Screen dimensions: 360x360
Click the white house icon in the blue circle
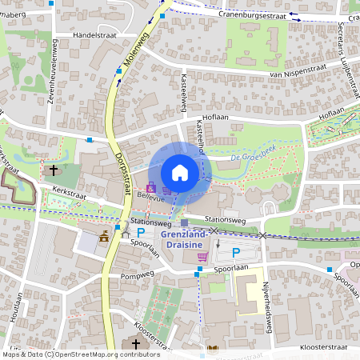coord(180,173)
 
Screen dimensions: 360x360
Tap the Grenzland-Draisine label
coord(185,239)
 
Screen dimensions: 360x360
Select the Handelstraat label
coord(94,35)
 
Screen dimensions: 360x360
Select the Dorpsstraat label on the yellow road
coord(122,170)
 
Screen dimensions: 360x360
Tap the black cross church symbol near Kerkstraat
coord(54,170)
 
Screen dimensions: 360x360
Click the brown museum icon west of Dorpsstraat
coord(103,236)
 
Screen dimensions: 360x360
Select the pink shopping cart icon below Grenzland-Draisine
coord(202,257)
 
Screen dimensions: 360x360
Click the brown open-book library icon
coord(212,349)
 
